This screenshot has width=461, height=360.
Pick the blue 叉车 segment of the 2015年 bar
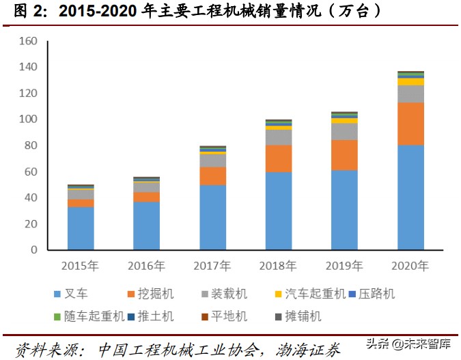pyautogui.click(x=81, y=228)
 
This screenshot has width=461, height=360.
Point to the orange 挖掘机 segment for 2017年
pyautogui.click(x=212, y=176)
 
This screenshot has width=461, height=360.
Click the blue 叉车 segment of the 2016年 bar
pyautogui.click(x=147, y=225)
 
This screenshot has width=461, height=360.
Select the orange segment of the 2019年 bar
pyautogui.click(x=344, y=155)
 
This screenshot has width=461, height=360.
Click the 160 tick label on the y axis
pyautogui.click(x=27, y=41)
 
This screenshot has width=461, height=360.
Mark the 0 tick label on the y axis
pyautogui.click(x=33, y=250)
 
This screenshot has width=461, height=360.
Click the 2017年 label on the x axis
pyautogui.click(x=212, y=265)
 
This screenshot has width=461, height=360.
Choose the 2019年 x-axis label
pyautogui.click(x=344, y=265)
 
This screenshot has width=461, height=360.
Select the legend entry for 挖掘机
pyautogui.click(x=150, y=294)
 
